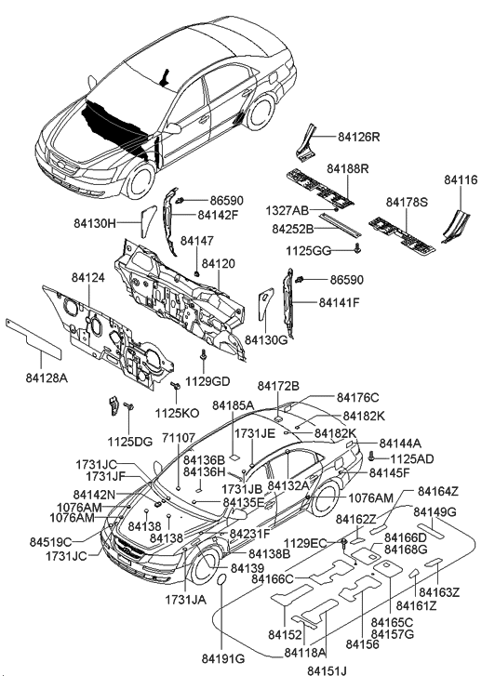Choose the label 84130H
[94, 224]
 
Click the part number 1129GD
[207, 381]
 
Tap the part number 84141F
[339, 302]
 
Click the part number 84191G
[223, 658]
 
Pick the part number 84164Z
[436, 490]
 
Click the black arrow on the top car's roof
[165, 77]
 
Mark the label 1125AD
[410, 458]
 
